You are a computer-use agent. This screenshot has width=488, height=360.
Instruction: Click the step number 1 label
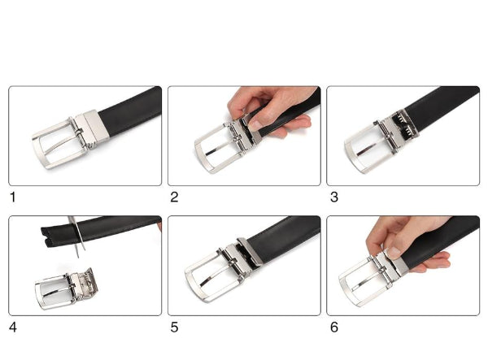13,197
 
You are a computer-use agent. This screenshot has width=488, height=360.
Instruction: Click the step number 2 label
174,197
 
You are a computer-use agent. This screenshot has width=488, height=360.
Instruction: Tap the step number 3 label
334,197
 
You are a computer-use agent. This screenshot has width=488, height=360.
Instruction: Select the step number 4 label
13,327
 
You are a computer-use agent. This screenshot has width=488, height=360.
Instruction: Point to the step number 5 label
174,327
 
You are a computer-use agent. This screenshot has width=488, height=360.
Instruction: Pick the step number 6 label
334,327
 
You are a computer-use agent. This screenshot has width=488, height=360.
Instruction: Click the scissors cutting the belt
78,237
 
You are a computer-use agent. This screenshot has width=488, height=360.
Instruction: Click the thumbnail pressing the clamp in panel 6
394,252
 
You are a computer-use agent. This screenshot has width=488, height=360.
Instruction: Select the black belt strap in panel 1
131,111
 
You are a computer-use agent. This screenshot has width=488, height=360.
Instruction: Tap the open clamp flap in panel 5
250,250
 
